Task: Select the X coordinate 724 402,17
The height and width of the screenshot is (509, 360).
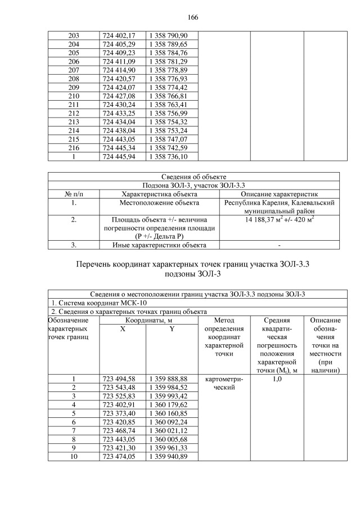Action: (x=119, y=35)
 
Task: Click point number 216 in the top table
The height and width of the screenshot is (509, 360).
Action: (x=73, y=147)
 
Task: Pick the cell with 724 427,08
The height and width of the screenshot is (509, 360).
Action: (x=119, y=96)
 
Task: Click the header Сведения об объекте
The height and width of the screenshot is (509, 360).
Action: (x=193, y=177)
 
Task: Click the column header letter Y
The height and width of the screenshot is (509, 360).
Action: (x=171, y=328)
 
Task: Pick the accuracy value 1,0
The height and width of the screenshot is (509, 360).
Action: (x=277, y=379)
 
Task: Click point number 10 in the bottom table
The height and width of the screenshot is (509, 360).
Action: (x=73, y=456)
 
